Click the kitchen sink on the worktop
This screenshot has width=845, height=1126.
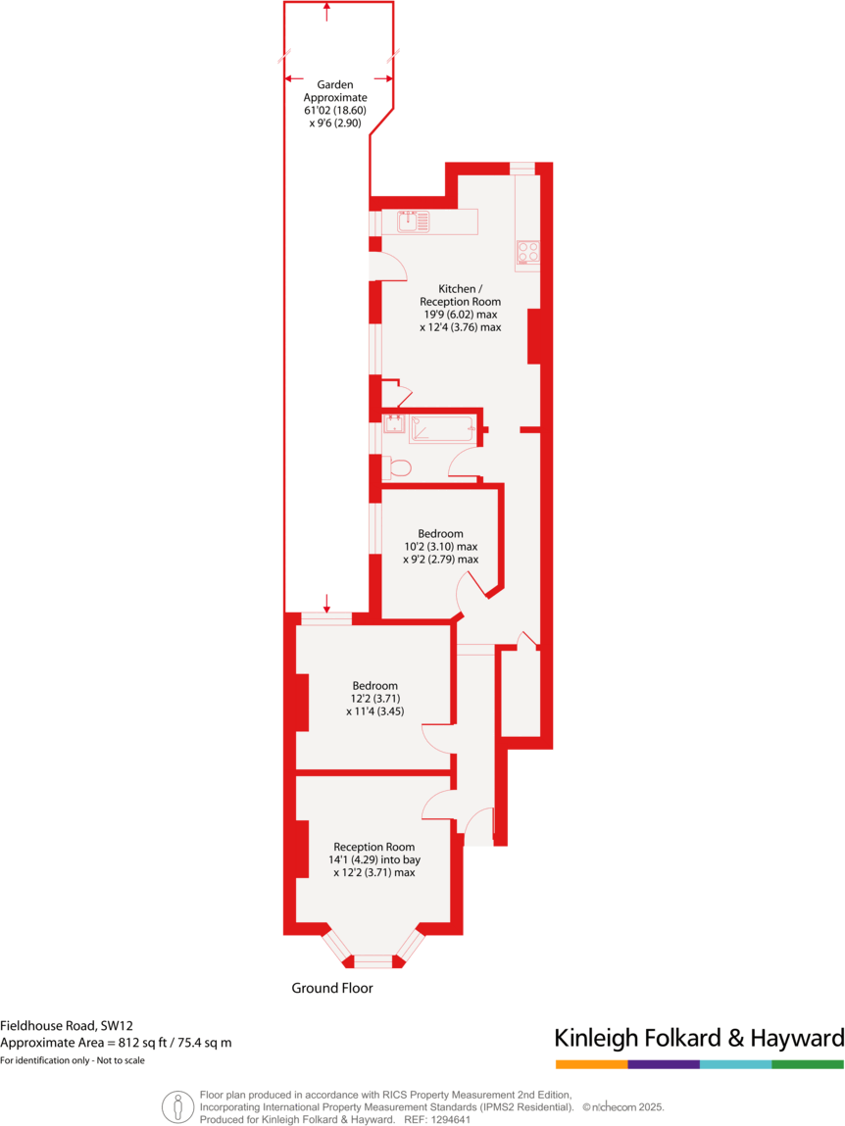click(413, 222)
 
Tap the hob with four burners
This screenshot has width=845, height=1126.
click(527, 253)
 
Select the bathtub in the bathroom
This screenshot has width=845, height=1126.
click(441, 428)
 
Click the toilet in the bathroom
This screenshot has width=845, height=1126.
click(398, 468)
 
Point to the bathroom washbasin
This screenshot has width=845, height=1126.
click(394, 423)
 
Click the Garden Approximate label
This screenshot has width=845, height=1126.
click(334, 91)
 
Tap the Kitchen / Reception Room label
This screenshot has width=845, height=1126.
click(460, 295)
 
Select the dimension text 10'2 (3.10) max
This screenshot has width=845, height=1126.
click(440, 547)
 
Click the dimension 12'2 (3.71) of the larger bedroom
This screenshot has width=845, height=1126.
click(374, 699)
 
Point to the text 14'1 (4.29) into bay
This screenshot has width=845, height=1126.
click(373, 859)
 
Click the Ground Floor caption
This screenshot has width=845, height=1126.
click(332, 988)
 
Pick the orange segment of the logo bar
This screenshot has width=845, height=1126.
click(591, 1064)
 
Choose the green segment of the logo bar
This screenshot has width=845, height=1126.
click(807, 1064)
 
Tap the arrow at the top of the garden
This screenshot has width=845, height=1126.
click(326, 11)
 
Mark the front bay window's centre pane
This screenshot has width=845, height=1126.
click(373, 961)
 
